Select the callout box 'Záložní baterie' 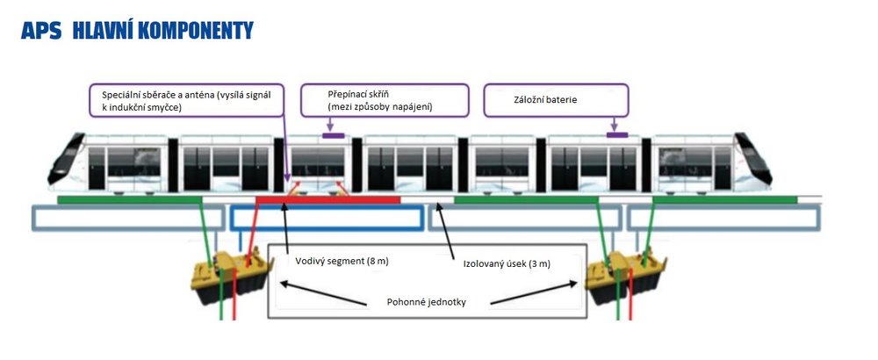tap(556, 100)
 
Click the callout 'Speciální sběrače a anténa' tap(186, 100)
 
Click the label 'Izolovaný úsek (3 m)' tap(507, 263)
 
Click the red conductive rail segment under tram tap(327, 200)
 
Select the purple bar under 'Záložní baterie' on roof tap(617, 134)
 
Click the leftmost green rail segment tap(129, 200)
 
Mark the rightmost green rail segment tap(724, 200)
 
